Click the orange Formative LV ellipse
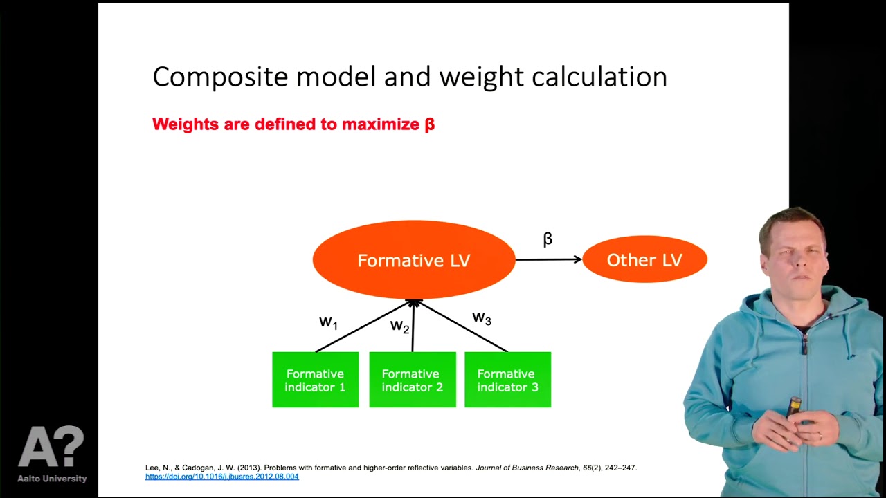414,260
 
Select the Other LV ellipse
644,260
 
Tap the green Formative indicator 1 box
315,380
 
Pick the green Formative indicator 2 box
412,380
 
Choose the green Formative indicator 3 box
507,380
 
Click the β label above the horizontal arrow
548,239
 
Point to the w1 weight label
328,322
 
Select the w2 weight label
399,326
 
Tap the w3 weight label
482,318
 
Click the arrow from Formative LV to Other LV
548,259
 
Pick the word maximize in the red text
380,124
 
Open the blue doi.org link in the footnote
221,477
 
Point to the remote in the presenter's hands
795,408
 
